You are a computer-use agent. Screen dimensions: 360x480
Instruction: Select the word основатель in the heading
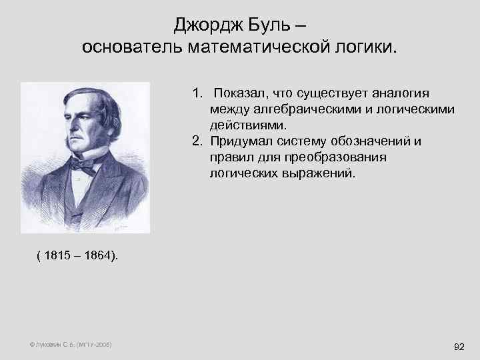(x=132, y=48)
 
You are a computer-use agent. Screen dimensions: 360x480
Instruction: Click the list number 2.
(x=197, y=141)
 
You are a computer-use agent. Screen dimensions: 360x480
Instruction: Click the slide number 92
(x=459, y=347)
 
